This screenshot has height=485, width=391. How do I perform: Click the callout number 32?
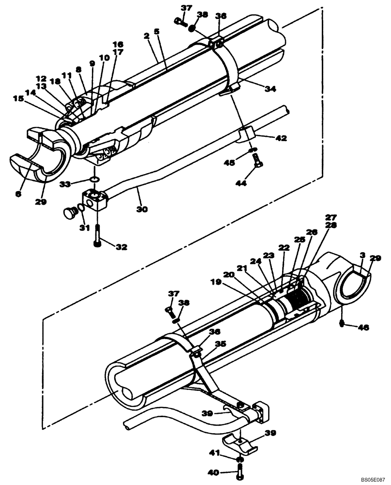121,246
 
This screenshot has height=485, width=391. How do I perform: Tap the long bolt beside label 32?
98,236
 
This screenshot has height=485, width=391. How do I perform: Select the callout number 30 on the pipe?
142,210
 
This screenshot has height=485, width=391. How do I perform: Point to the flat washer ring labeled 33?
95,180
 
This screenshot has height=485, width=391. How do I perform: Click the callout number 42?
281,138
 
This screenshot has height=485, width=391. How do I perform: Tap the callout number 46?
363,327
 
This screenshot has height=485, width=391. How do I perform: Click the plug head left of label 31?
71,212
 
